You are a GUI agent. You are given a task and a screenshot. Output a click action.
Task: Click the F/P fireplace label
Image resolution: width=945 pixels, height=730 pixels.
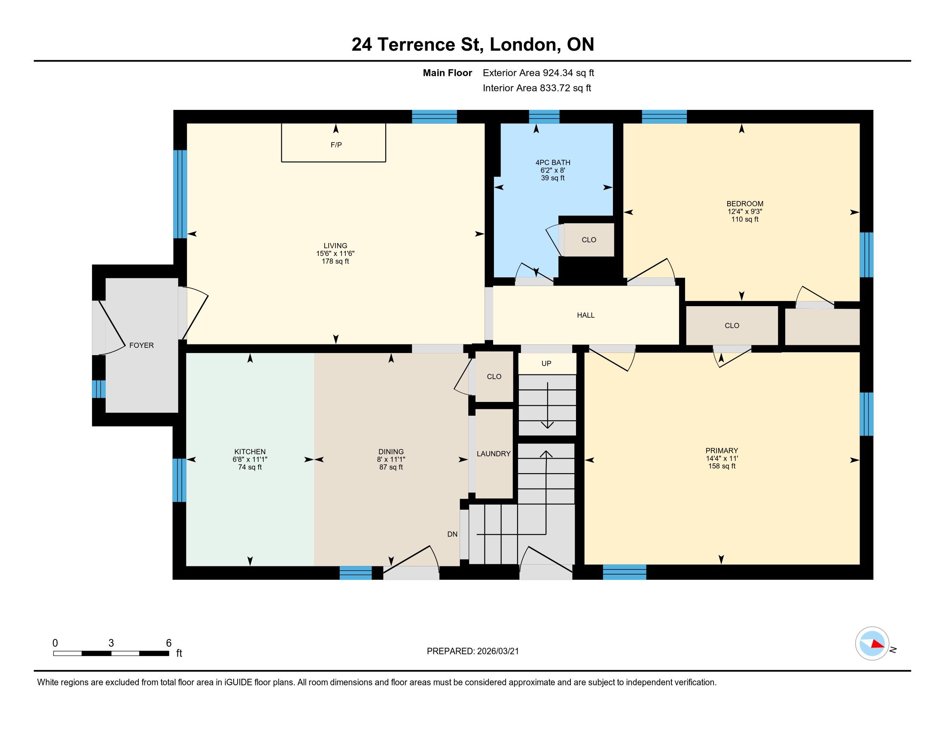pos(336,145)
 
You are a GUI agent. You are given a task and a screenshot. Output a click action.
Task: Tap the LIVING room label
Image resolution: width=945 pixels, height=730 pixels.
pos(335,246)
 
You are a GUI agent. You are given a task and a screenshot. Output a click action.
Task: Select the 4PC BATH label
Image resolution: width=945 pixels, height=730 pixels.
pos(553,163)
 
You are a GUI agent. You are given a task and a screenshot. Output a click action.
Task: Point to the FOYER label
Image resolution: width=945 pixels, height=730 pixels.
pos(141,345)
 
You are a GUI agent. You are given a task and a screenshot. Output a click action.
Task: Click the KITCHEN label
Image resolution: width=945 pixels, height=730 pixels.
pos(250,451)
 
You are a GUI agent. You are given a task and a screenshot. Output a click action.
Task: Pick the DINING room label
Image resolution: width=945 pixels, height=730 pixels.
pos(391,451)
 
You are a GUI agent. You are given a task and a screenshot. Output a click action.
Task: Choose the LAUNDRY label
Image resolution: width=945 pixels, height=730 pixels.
pos(494,453)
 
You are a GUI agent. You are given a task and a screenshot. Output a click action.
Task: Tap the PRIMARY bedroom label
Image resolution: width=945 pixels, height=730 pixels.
pos(722,450)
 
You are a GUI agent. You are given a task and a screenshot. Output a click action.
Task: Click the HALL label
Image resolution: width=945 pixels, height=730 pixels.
pos(586,315)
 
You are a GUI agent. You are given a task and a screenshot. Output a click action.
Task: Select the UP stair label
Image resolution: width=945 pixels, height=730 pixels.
pos(546,363)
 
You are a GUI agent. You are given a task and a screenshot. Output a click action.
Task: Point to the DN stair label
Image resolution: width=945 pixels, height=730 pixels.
pos(453,534)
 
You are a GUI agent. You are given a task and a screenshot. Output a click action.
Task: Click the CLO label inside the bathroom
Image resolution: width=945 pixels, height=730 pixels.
pos(589,240)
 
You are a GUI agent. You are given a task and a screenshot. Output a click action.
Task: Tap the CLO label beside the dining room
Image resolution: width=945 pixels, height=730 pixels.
pos(494,377)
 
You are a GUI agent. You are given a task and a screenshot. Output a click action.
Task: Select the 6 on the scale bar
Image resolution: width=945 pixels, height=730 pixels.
pos(169,643)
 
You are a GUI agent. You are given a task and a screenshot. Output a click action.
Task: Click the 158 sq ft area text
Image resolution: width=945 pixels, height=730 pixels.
pos(722,466)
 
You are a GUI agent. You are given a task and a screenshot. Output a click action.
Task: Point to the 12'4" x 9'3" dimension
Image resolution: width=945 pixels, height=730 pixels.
pos(745,211)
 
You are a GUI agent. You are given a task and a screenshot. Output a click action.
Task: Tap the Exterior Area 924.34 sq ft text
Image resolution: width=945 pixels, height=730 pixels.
pos(539,73)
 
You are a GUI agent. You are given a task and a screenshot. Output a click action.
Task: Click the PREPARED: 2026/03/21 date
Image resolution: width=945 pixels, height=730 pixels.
pos(473,651)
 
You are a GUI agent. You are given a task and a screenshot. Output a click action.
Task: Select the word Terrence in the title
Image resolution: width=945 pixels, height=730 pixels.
pos(416,45)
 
